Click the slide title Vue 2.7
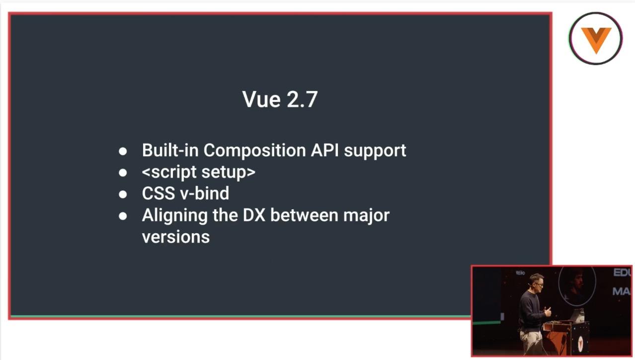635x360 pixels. (x=280, y=99)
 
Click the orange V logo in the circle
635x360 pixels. (x=596, y=40)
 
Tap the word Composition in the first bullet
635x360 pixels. (x=254, y=150)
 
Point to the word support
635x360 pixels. (x=375, y=151)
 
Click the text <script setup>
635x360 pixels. (x=198, y=172)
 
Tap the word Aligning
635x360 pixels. (x=174, y=216)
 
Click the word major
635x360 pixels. (x=366, y=216)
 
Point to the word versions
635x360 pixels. (x=176, y=237)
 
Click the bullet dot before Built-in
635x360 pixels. (x=123, y=151)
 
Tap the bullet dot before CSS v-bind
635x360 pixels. (x=123, y=194)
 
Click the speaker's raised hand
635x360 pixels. (x=548, y=311)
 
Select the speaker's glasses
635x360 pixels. (x=538, y=284)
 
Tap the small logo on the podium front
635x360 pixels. (x=580, y=343)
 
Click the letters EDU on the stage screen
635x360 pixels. (x=622, y=272)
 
